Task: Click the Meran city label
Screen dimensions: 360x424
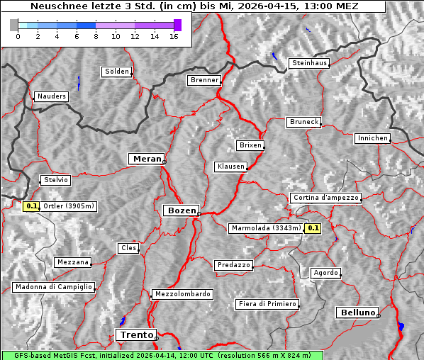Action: point(145,159)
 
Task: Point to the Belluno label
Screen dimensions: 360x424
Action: point(357,312)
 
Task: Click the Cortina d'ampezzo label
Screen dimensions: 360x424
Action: point(325,198)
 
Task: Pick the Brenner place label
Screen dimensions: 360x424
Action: point(203,80)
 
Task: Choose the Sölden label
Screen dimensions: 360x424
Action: point(116,72)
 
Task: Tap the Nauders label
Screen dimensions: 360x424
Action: point(50,96)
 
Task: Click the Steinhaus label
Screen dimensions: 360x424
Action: point(309,63)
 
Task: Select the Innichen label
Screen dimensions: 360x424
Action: point(372,138)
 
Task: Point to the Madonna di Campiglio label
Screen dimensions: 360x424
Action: point(53,287)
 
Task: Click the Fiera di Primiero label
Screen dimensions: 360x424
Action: point(267,304)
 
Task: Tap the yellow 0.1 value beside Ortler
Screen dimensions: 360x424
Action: point(31,206)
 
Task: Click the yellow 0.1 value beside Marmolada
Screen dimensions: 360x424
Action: point(312,228)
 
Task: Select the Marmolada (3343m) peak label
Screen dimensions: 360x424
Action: point(265,228)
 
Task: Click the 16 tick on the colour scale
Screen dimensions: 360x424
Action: point(174,35)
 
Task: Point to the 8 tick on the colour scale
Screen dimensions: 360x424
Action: point(95,35)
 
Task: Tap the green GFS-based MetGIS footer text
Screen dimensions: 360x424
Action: point(162,355)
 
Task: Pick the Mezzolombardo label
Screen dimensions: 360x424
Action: point(182,293)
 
